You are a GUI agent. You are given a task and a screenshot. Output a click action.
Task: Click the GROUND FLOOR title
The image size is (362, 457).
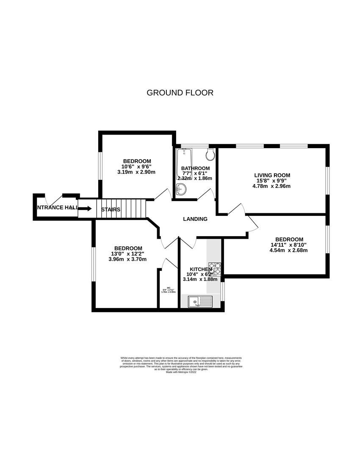pyautogui.click(x=180, y=92)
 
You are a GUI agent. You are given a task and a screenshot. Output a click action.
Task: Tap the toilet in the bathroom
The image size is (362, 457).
pyautogui.click(x=210, y=155)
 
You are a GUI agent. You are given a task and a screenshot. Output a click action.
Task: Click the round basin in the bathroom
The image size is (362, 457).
pyautogui.click(x=180, y=191)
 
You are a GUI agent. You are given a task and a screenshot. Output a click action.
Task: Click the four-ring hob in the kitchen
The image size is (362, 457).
pyautogui.click(x=215, y=269)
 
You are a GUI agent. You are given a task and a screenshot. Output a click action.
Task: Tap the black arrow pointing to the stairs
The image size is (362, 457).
pyautogui.click(x=85, y=209)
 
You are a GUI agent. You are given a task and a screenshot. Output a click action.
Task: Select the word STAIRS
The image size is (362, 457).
pyautogui.click(x=111, y=209)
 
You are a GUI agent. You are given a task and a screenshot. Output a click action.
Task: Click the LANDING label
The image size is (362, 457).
pyautogui.click(x=195, y=219)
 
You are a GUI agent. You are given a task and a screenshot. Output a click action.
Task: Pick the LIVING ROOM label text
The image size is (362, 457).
pyautogui.click(x=272, y=175)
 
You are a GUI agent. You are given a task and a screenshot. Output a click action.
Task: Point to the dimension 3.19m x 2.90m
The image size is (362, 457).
pyautogui.click(x=137, y=172)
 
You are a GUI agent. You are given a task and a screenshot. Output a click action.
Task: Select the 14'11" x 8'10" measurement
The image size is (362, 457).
pyautogui.click(x=289, y=244)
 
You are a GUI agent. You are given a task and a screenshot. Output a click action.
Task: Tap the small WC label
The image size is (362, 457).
pyautogui.click(x=168, y=287)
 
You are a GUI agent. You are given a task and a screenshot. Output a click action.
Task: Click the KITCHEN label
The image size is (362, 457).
pyautogui.click(x=200, y=269)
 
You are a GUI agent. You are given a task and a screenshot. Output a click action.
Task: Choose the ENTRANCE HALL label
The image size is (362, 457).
pyautogui.click(x=57, y=207)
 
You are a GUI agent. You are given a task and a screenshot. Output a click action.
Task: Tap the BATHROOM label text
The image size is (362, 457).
pyautogui.click(x=196, y=168)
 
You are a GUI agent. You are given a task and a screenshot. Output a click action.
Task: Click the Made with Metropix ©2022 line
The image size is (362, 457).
pyautogui.click(x=181, y=372)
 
